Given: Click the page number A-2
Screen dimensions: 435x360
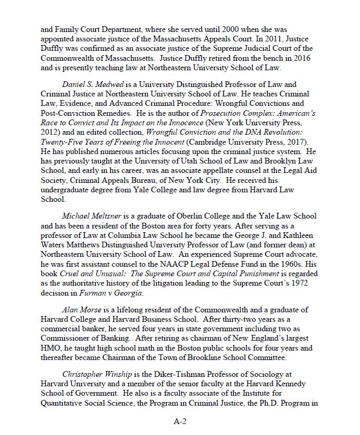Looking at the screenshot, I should (180, 420).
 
